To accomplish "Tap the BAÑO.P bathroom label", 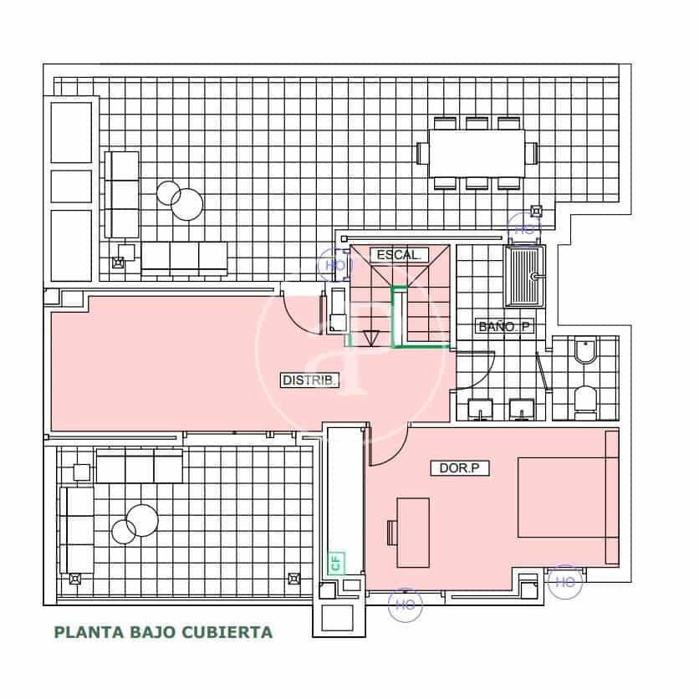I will coord(504,327).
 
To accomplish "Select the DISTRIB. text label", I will coord(310,380).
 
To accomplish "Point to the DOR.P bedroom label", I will coord(459,468).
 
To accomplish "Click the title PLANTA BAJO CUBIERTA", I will coord(163,632).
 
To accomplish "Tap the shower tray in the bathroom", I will coord(524,277).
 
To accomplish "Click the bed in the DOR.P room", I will coord(567,497).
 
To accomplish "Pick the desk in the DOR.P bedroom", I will coord(413,532).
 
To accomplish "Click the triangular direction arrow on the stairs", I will coord(369,338).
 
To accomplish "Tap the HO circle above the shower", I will coord(524,227).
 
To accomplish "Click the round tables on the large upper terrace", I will coord(181,199).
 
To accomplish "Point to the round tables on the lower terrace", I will coord(135,524).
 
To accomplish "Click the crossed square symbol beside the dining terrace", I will coord(538,211).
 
